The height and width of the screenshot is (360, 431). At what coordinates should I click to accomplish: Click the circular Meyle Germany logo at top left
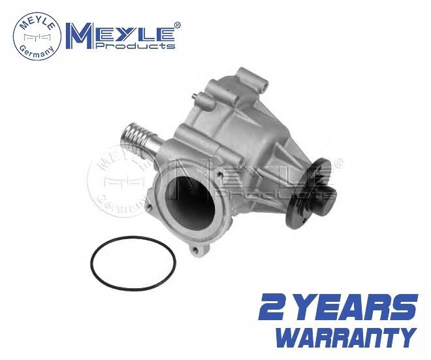[x=37, y=36]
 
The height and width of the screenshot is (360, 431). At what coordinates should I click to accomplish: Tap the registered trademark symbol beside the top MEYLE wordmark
[x=177, y=25]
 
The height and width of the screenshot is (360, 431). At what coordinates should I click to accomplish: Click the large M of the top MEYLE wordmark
[x=81, y=36]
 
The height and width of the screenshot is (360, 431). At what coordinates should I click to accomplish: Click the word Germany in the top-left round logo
[x=37, y=52]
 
